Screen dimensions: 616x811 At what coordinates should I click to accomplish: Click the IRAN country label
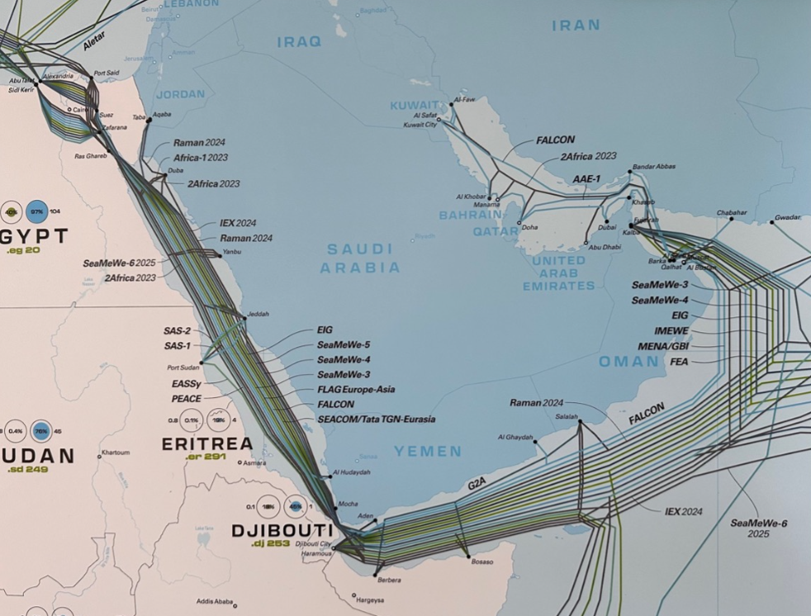[x=576, y=26]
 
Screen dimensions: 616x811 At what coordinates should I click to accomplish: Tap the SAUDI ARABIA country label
[x=360, y=258]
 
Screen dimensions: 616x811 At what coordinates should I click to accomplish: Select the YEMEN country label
[x=427, y=451]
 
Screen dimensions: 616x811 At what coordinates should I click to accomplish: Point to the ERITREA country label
[x=206, y=443]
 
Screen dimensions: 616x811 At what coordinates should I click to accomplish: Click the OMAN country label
[x=629, y=361]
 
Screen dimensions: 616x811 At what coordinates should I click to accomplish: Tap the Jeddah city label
[x=258, y=314]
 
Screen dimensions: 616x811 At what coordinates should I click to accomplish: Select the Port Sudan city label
[x=183, y=368]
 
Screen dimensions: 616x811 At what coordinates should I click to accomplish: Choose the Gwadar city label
[x=786, y=218]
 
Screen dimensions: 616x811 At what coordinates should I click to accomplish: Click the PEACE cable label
[x=187, y=398]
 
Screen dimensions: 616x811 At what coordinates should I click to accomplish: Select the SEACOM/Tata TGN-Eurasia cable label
[x=376, y=419]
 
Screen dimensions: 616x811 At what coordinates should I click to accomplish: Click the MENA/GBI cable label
[x=663, y=346]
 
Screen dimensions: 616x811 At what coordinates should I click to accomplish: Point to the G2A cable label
[x=477, y=485]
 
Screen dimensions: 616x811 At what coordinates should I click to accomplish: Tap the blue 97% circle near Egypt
[x=36, y=211]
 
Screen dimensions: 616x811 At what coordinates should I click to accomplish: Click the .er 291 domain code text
[x=205, y=457]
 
